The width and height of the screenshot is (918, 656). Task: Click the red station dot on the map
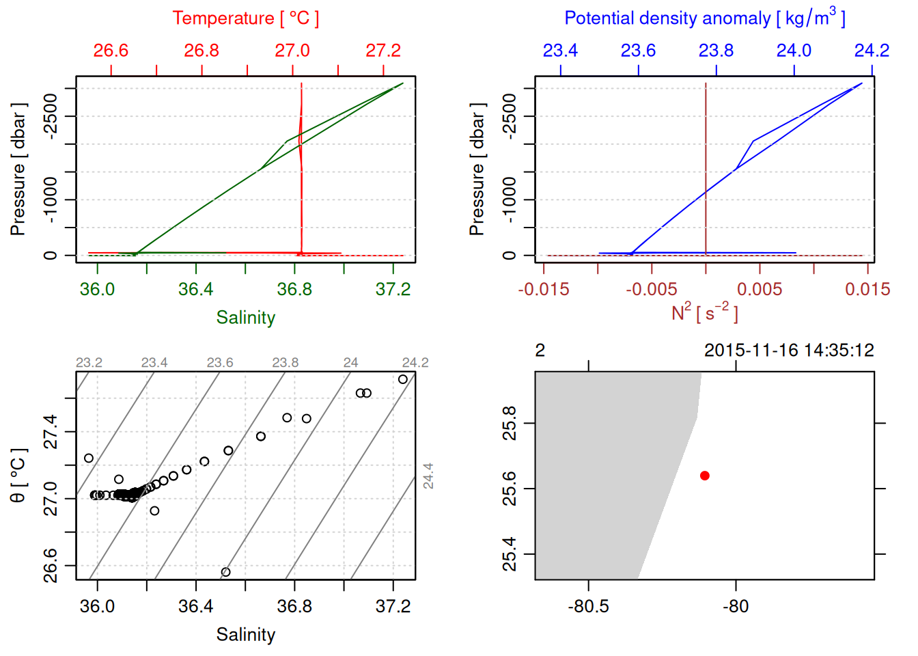[x=704, y=476]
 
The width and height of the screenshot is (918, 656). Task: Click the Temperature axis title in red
[x=245, y=18]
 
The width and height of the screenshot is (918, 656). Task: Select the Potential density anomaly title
[x=704, y=18]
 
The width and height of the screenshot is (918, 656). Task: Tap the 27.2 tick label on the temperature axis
[x=383, y=51]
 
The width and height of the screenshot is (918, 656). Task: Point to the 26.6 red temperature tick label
[x=111, y=51]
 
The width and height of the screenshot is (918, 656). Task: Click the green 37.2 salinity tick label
[x=393, y=289]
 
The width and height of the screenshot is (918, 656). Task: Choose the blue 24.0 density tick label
[x=794, y=51]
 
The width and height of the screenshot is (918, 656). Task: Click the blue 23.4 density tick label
[x=560, y=51]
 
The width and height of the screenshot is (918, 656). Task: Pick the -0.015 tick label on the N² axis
[x=544, y=289]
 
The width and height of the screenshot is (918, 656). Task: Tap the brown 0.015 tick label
[x=867, y=289]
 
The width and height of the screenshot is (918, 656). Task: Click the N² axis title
[x=704, y=312]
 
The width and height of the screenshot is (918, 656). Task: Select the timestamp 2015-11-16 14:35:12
[x=789, y=351]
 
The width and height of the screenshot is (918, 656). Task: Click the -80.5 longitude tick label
[x=588, y=606]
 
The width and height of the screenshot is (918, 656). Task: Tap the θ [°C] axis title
[x=18, y=476]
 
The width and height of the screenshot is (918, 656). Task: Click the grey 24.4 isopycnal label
[x=428, y=476]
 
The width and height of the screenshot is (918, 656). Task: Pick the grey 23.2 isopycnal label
[x=89, y=362]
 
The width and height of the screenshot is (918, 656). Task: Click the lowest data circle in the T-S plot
[x=225, y=572]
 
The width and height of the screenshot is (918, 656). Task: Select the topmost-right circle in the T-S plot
[x=403, y=379]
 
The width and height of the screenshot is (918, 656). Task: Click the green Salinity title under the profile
[x=245, y=318]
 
